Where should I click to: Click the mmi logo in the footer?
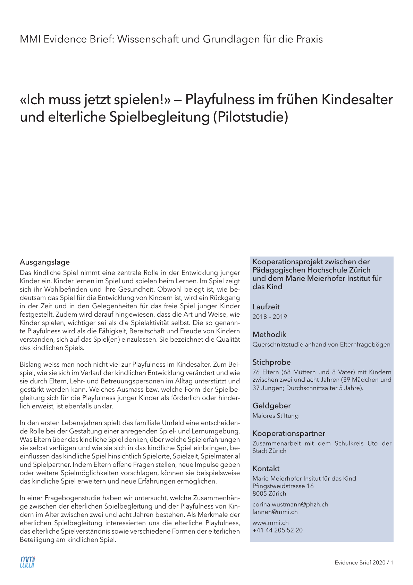click(27, 562)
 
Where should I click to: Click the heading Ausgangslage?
click(45, 262)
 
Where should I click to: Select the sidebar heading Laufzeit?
click(266, 307)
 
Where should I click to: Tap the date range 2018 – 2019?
click(270, 317)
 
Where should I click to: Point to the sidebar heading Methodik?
click(269, 335)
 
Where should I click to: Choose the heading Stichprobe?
click(271, 362)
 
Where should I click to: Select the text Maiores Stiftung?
click(276, 415)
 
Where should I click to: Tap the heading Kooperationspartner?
click(289, 433)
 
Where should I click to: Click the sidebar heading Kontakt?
click(266, 469)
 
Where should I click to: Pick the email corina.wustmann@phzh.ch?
click(290, 504)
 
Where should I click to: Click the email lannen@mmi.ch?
click(275, 512)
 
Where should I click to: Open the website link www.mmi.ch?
click(270, 522)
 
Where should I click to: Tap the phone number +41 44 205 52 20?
click(277, 530)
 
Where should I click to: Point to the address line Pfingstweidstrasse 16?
click(283, 486)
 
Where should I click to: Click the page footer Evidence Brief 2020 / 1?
click(364, 562)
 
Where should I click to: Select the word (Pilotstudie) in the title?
click(250, 117)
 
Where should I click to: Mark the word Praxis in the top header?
click(309, 39)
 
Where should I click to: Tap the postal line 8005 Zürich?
click(269, 494)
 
